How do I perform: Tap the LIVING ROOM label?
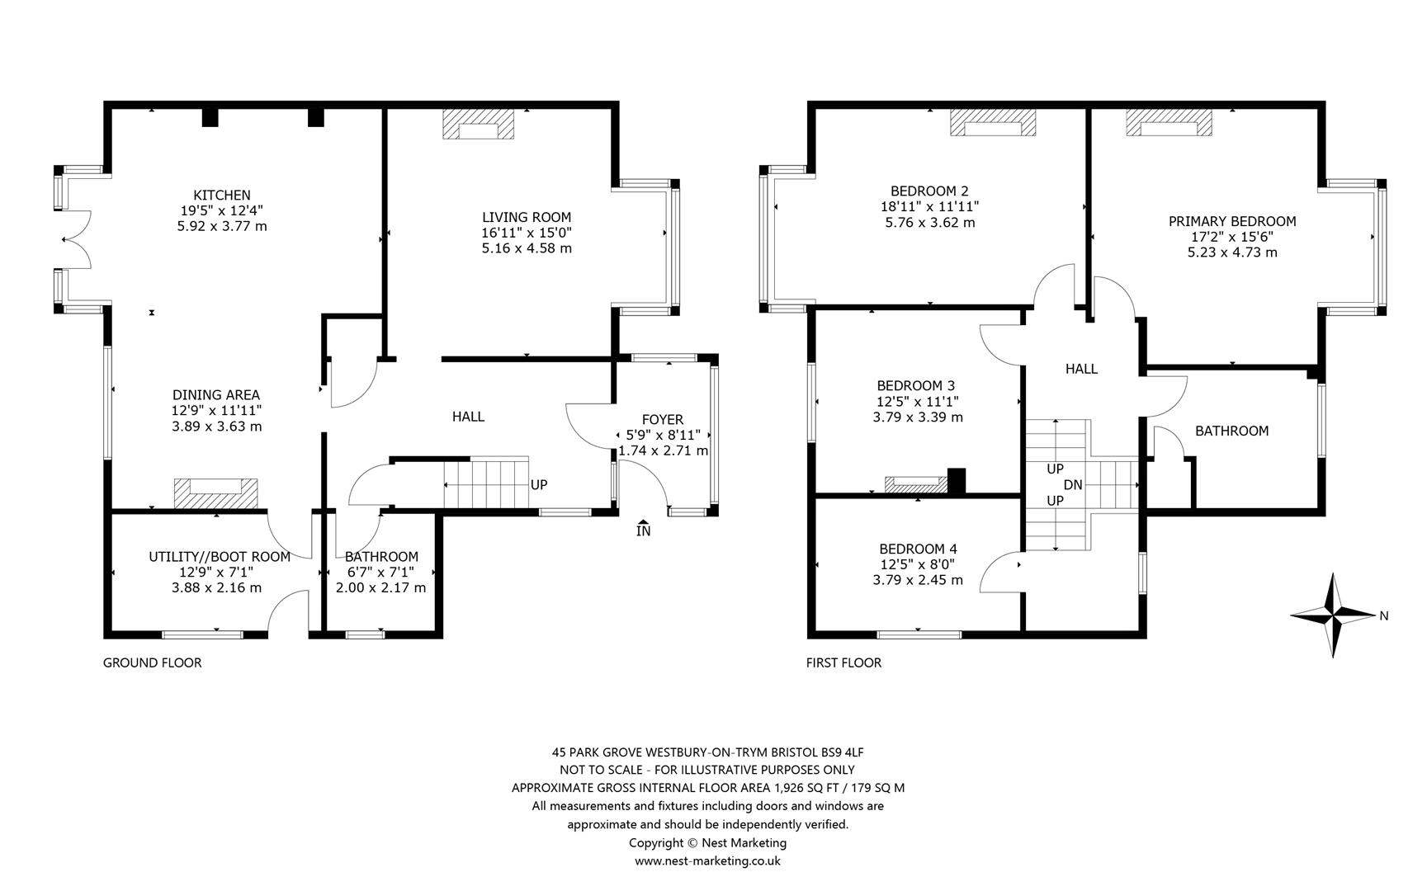(527, 218)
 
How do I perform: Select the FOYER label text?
(663, 420)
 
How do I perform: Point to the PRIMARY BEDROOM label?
(1232, 221)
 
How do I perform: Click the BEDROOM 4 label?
(918, 549)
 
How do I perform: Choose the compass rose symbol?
(1334, 615)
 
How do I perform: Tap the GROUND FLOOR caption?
(152, 662)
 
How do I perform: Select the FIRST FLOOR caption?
(843, 662)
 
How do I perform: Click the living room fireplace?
(479, 125)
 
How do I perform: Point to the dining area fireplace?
(215, 493)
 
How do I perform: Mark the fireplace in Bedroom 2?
(993, 123)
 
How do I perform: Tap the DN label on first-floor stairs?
(1073, 485)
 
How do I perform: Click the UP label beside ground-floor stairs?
(539, 485)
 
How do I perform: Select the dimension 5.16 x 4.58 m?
(527, 247)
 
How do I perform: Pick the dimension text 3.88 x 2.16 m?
(216, 587)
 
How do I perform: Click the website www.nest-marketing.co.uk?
(707, 860)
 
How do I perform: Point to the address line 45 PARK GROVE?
(707, 752)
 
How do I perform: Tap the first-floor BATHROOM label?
(1231, 431)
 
